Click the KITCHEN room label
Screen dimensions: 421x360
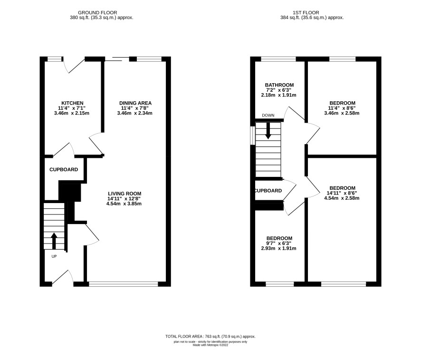[x=72, y=103]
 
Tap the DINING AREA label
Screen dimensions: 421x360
[x=135, y=103]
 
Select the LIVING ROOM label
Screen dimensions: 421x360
[x=124, y=194]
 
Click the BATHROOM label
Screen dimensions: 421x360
[x=279, y=85]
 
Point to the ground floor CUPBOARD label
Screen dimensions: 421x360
[x=64, y=169]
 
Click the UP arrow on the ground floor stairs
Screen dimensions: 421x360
[x=54, y=241]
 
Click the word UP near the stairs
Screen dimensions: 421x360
[x=54, y=257]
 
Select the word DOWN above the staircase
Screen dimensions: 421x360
[x=268, y=116]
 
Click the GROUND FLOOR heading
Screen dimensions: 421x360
[x=97, y=13]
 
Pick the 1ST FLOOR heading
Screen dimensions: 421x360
[x=306, y=13]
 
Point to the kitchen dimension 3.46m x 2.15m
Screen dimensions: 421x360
[x=72, y=113]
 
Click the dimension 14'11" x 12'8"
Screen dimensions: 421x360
[x=124, y=199]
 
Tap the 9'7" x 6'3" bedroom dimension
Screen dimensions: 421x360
[x=279, y=243]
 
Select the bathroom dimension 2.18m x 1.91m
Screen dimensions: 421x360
[x=279, y=95]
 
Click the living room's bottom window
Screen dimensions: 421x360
[x=124, y=284]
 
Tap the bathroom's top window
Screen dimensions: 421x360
[x=278, y=59]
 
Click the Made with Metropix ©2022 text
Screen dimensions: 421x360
[x=210, y=345]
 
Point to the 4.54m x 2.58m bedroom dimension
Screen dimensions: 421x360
[x=342, y=198]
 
